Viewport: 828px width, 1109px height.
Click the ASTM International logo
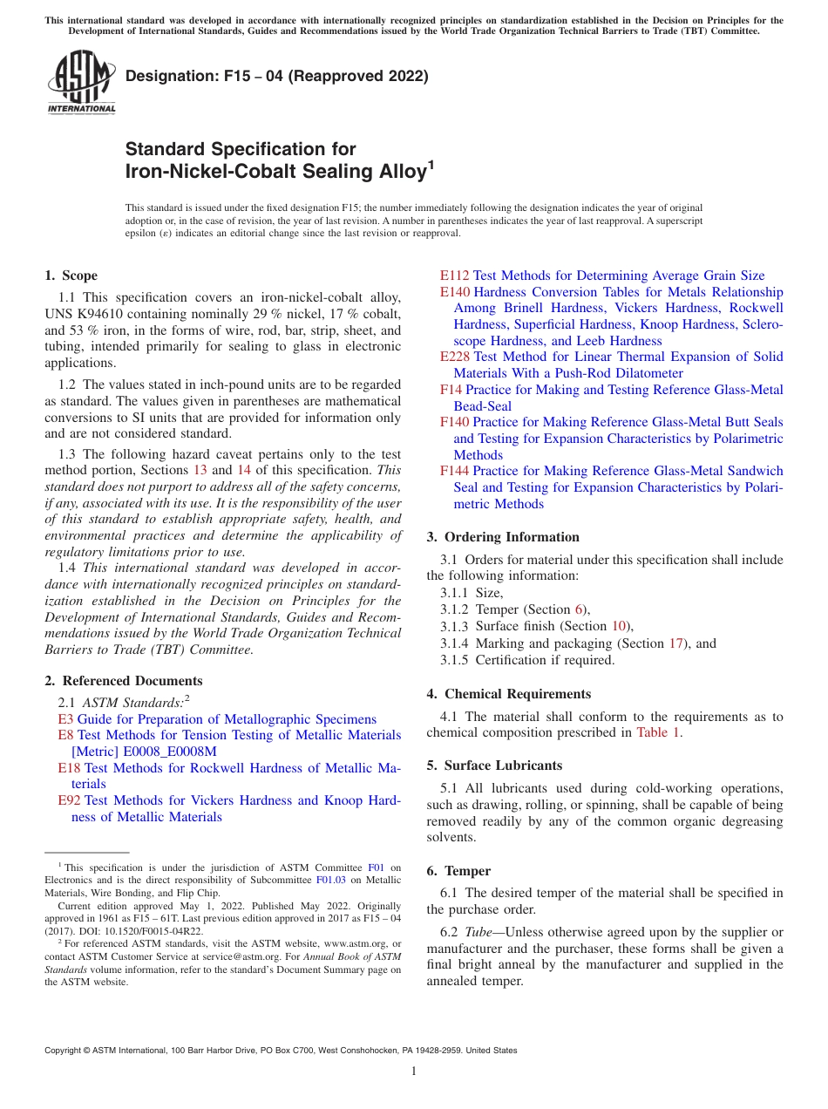[81, 84]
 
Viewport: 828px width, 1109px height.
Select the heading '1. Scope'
[71, 276]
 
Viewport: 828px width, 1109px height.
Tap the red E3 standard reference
[65, 719]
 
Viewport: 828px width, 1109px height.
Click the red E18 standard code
[69, 768]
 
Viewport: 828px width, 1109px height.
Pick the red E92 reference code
[69, 800]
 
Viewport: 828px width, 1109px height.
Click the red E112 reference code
[454, 276]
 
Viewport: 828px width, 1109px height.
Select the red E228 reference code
[454, 357]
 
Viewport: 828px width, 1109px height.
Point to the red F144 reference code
[454, 471]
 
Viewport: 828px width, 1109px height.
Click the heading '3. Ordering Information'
[503, 537]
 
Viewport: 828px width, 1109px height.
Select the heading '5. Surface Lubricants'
[494, 765]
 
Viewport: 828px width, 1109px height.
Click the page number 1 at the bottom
[414, 1071]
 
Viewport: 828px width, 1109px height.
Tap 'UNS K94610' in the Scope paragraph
[82, 313]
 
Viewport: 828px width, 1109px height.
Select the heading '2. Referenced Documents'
[123, 681]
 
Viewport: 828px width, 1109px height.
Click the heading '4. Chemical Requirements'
[508, 694]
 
